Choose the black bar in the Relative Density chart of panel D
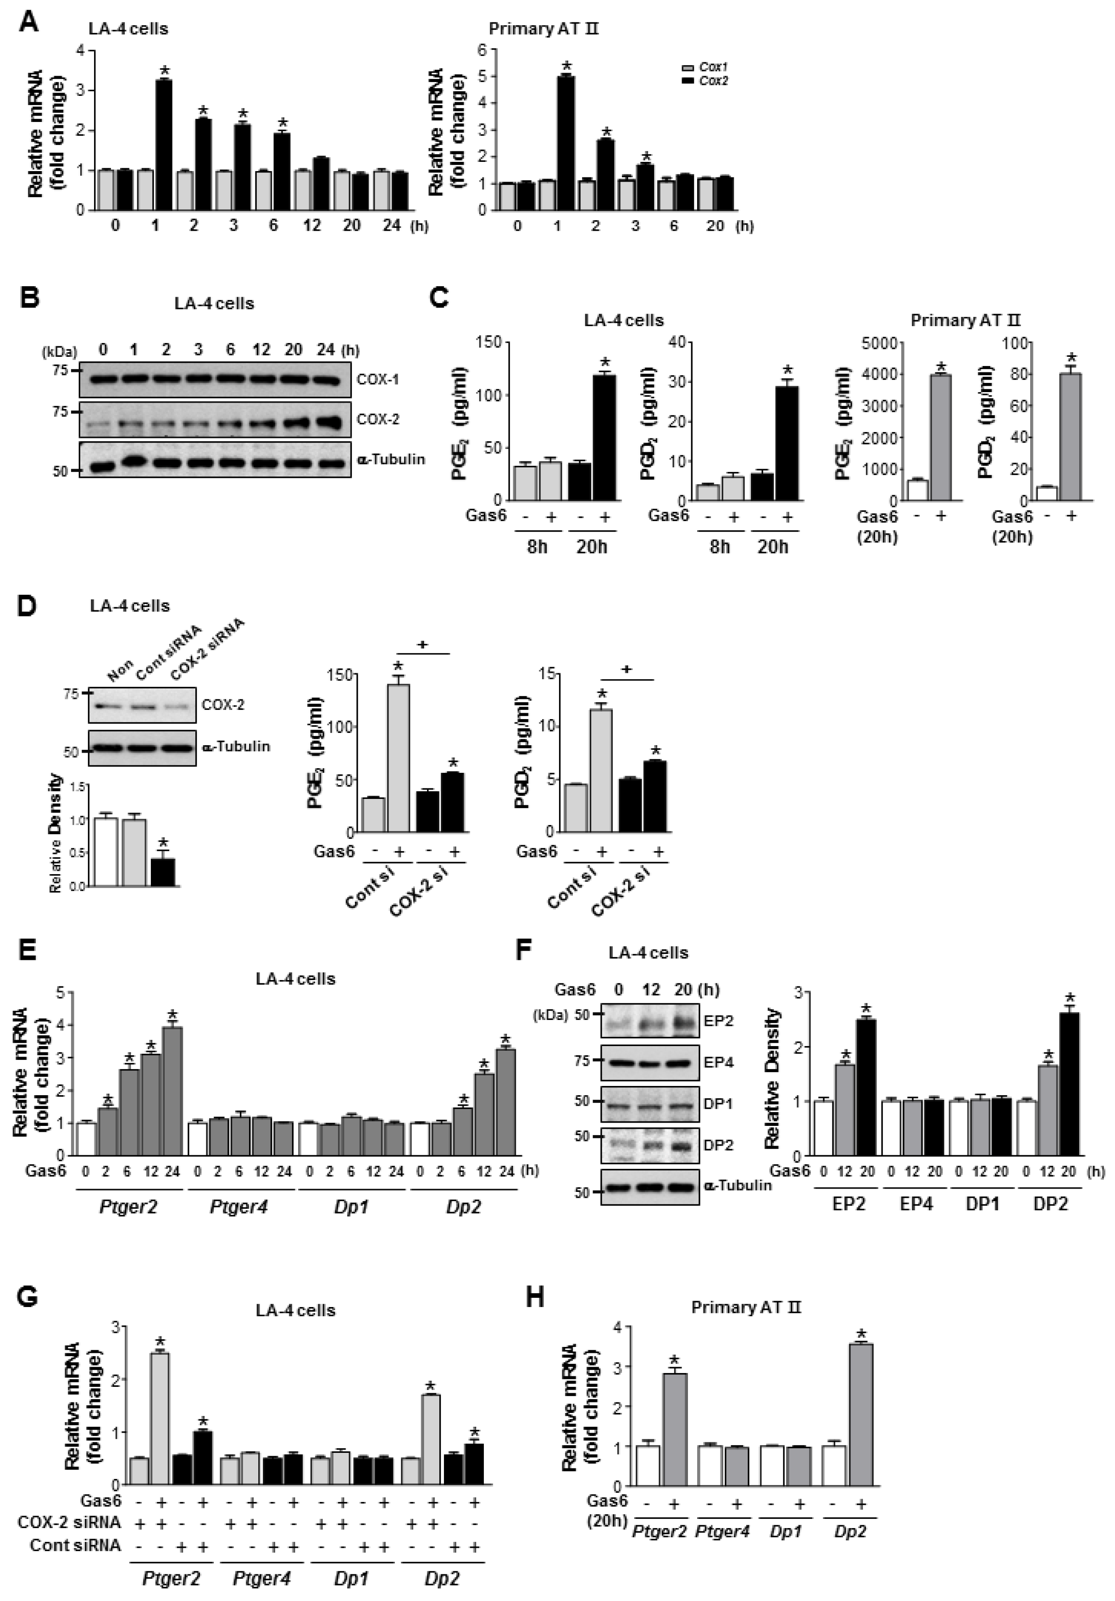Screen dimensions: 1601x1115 coord(164,862)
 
